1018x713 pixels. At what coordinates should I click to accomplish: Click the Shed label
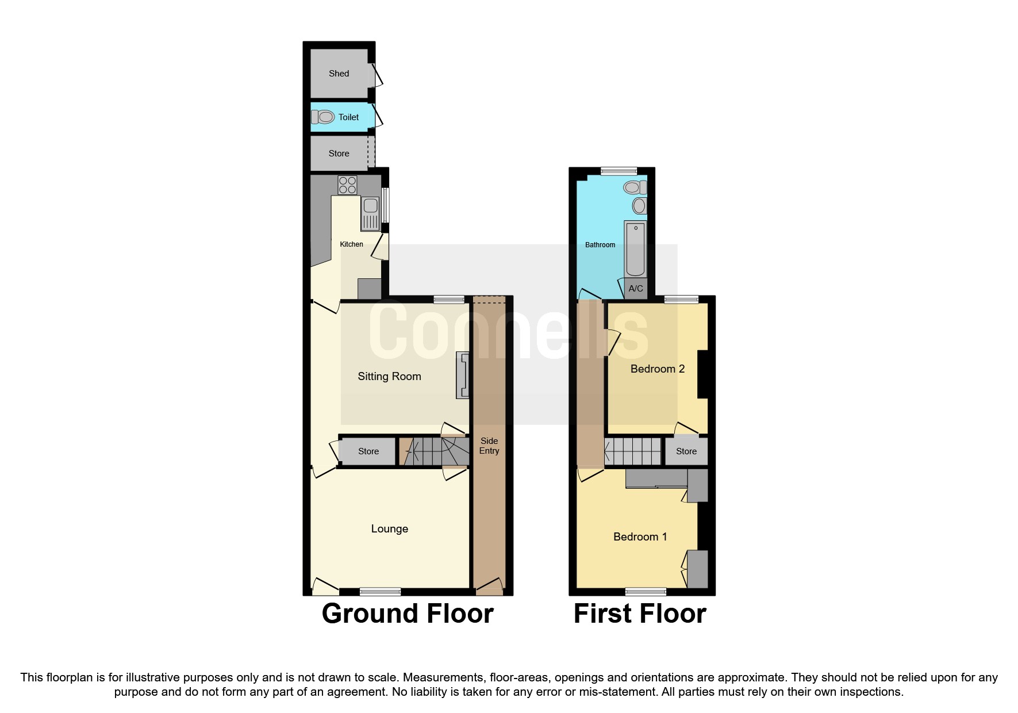tap(339, 74)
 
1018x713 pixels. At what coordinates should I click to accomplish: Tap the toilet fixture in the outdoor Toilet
tap(324, 117)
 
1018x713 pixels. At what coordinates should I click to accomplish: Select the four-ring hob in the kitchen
tap(348, 185)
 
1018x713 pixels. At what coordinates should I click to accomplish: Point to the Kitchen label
tap(351, 244)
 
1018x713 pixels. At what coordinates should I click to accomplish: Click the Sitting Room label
tap(389, 377)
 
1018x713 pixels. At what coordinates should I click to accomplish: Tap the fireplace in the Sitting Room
tap(463, 375)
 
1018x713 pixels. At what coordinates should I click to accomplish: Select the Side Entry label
tap(489, 446)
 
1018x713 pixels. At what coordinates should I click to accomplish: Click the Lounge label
tap(389, 529)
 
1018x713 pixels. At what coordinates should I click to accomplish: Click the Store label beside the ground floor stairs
tap(368, 451)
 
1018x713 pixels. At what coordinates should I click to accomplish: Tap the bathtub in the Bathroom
tap(636, 248)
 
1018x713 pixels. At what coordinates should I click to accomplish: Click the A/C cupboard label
tap(636, 289)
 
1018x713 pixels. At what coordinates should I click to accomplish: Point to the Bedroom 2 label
tap(658, 369)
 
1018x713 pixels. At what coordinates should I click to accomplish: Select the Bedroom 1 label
tap(640, 537)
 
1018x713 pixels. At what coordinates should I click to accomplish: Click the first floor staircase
tap(633, 451)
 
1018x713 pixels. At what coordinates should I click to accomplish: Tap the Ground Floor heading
tap(408, 614)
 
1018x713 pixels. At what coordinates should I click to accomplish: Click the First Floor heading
tap(640, 614)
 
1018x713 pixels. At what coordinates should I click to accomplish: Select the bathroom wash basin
tap(639, 205)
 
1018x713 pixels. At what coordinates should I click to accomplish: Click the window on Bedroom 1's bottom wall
tap(646, 591)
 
